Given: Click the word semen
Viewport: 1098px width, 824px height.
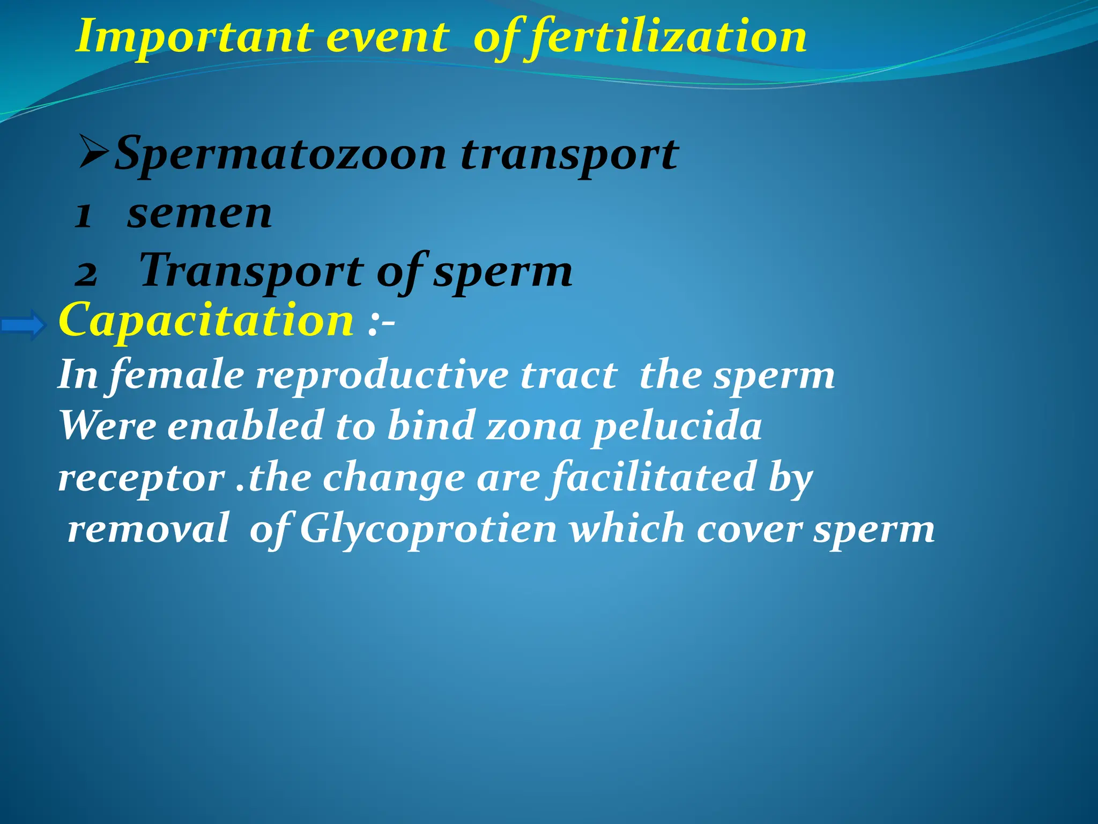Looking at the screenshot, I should click(199, 214).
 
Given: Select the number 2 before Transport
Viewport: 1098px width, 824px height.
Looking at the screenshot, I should click(86, 274).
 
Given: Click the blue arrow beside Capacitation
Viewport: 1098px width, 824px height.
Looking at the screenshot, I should click(24, 325).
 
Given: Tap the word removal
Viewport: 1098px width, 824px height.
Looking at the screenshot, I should click(149, 528).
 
